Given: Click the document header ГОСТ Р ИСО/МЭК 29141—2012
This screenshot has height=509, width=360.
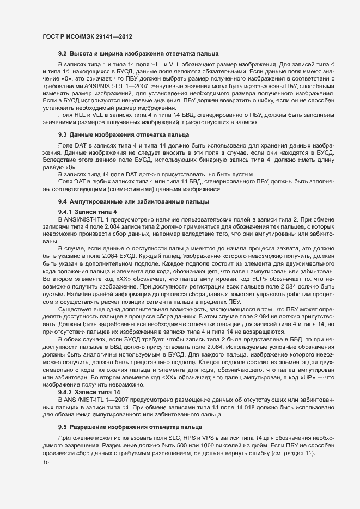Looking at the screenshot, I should pos(87,36).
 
